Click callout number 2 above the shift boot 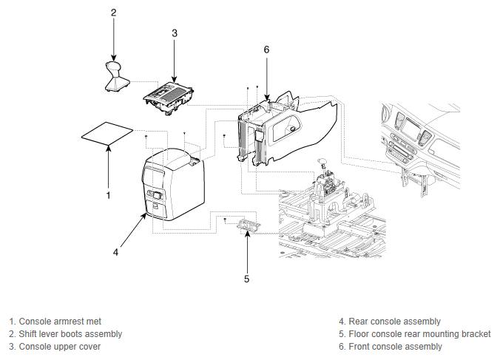coord(114,13)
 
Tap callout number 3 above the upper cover coord(175,33)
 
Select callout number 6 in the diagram coord(266,50)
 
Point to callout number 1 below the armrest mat coord(109,195)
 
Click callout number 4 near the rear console coord(115,252)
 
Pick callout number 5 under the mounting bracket coord(246,279)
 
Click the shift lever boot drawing coord(116,76)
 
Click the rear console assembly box coord(173,184)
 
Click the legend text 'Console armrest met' coord(55,322)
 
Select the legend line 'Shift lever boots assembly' coord(65,334)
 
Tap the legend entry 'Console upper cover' coord(55,347)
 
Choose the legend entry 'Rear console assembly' coord(390,322)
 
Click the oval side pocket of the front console coord(286,127)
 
